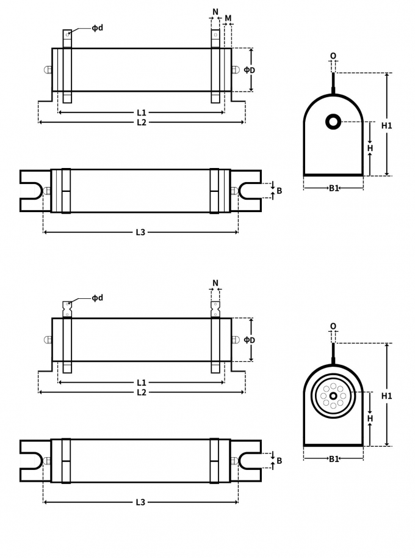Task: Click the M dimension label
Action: click(x=228, y=18)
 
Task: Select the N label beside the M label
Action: click(x=215, y=12)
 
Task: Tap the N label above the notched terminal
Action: click(x=215, y=283)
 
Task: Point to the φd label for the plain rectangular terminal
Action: click(x=98, y=28)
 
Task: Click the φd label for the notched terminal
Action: click(x=98, y=298)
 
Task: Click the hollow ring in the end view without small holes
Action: click(x=333, y=122)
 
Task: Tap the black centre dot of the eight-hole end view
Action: click(x=333, y=396)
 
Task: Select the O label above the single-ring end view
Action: click(x=333, y=56)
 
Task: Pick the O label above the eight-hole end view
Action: click(x=333, y=326)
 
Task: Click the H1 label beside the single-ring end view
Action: click(x=387, y=126)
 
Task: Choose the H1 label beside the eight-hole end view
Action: click(x=387, y=396)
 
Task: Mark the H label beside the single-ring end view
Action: click(x=370, y=148)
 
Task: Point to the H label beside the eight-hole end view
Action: click(x=370, y=419)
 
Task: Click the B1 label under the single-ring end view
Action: click(x=334, y=188)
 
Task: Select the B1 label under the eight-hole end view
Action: click(x=334, y=459)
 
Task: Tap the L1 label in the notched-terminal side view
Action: click(x=142, y=383)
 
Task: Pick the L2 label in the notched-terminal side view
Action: click(x=142, y=392)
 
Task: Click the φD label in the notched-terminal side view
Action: click(x=250, y=340)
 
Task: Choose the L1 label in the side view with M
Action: click(x=142, y=112)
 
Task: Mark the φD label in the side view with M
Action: click(x=250, y=70)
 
